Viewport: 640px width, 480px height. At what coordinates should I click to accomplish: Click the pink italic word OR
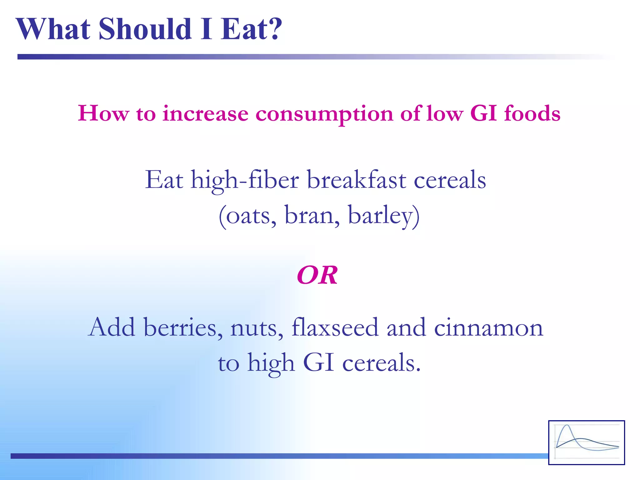click(x=317, y=275)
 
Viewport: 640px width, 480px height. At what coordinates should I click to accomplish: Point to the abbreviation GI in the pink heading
click(x=483, y=113)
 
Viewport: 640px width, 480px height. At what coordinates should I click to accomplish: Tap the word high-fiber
click(x=245, y=181)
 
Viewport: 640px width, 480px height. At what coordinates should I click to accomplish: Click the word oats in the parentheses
click(x=247, y=216)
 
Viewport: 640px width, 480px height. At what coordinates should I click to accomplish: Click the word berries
click(x=180, y=327)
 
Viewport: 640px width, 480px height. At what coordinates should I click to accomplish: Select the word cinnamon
click(x=488, y=327)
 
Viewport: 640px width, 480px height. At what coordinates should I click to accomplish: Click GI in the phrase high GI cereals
click(x=318, y=362)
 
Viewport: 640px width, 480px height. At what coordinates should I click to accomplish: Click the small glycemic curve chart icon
click(x=586, y=442)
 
